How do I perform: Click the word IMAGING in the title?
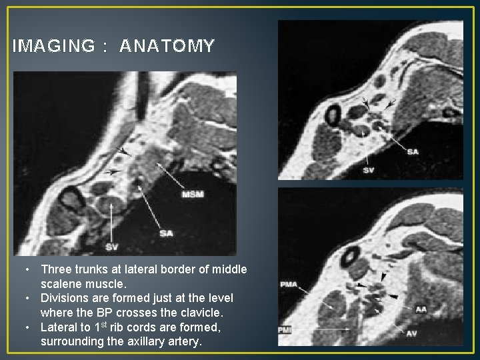54,46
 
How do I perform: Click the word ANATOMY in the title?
167,46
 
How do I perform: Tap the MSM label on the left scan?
193,194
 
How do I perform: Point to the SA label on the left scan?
167,233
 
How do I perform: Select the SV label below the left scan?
113,247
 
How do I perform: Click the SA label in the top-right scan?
413,151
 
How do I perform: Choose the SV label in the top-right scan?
369,170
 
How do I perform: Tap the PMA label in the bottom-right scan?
289,285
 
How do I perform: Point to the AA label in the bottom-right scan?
421,309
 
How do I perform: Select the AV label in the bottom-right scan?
412,333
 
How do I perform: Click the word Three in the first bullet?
56,269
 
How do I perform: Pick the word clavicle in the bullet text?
213,312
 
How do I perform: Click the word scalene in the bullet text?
61,283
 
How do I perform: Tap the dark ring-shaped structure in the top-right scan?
331,115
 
